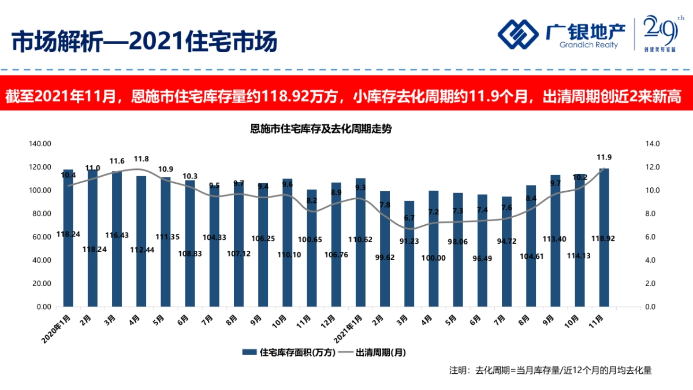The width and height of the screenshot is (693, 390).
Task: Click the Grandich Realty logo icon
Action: click(518, 35)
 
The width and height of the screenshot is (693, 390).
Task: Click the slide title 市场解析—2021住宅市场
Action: click(144, 41)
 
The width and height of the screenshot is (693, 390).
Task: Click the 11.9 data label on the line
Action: click(604, 157)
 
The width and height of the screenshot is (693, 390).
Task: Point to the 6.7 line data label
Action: click(409, 218)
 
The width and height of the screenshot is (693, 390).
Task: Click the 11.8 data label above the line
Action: click(141, 159)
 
